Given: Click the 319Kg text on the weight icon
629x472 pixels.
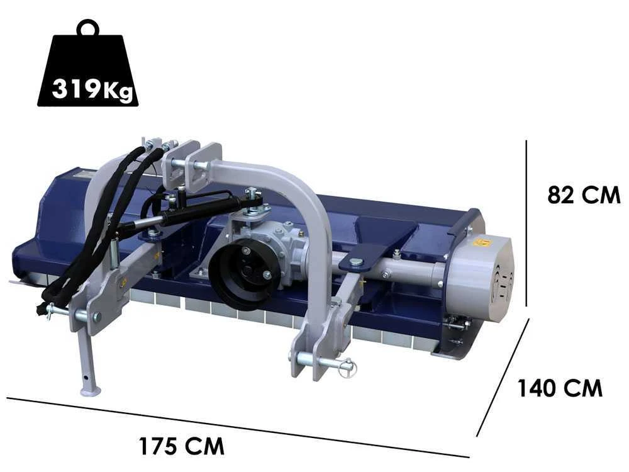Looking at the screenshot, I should tap(92, 89).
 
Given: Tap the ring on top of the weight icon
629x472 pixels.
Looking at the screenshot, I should tap(88, 29).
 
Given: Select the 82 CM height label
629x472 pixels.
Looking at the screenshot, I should tap(584, 195).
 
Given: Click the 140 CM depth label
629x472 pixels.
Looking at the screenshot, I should tap(560, 388).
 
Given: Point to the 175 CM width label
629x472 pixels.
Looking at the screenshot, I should tap(181, 446).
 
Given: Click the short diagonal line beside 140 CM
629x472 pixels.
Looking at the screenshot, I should tap(503, 378).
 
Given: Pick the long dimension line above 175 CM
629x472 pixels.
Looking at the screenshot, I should tap(239, 428).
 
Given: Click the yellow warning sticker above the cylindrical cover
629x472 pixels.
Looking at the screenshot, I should tap(482, 242).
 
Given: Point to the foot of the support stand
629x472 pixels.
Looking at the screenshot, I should tap(91, 391).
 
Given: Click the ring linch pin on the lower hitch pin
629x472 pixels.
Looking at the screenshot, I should tap(347, 368).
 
